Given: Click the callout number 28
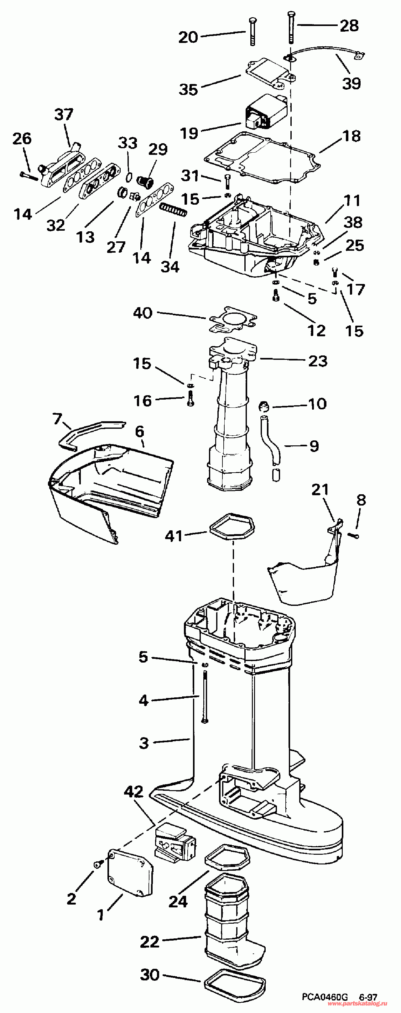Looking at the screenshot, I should click(x=349, y=26).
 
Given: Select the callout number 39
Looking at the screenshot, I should click(x=352, y=83).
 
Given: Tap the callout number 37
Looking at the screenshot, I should click(x=64, y=115).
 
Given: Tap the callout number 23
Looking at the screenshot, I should click(x=318, y=361).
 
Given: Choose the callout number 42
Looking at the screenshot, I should click(x=134, y=792).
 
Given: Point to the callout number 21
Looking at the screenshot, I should click(x=320, y=490).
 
